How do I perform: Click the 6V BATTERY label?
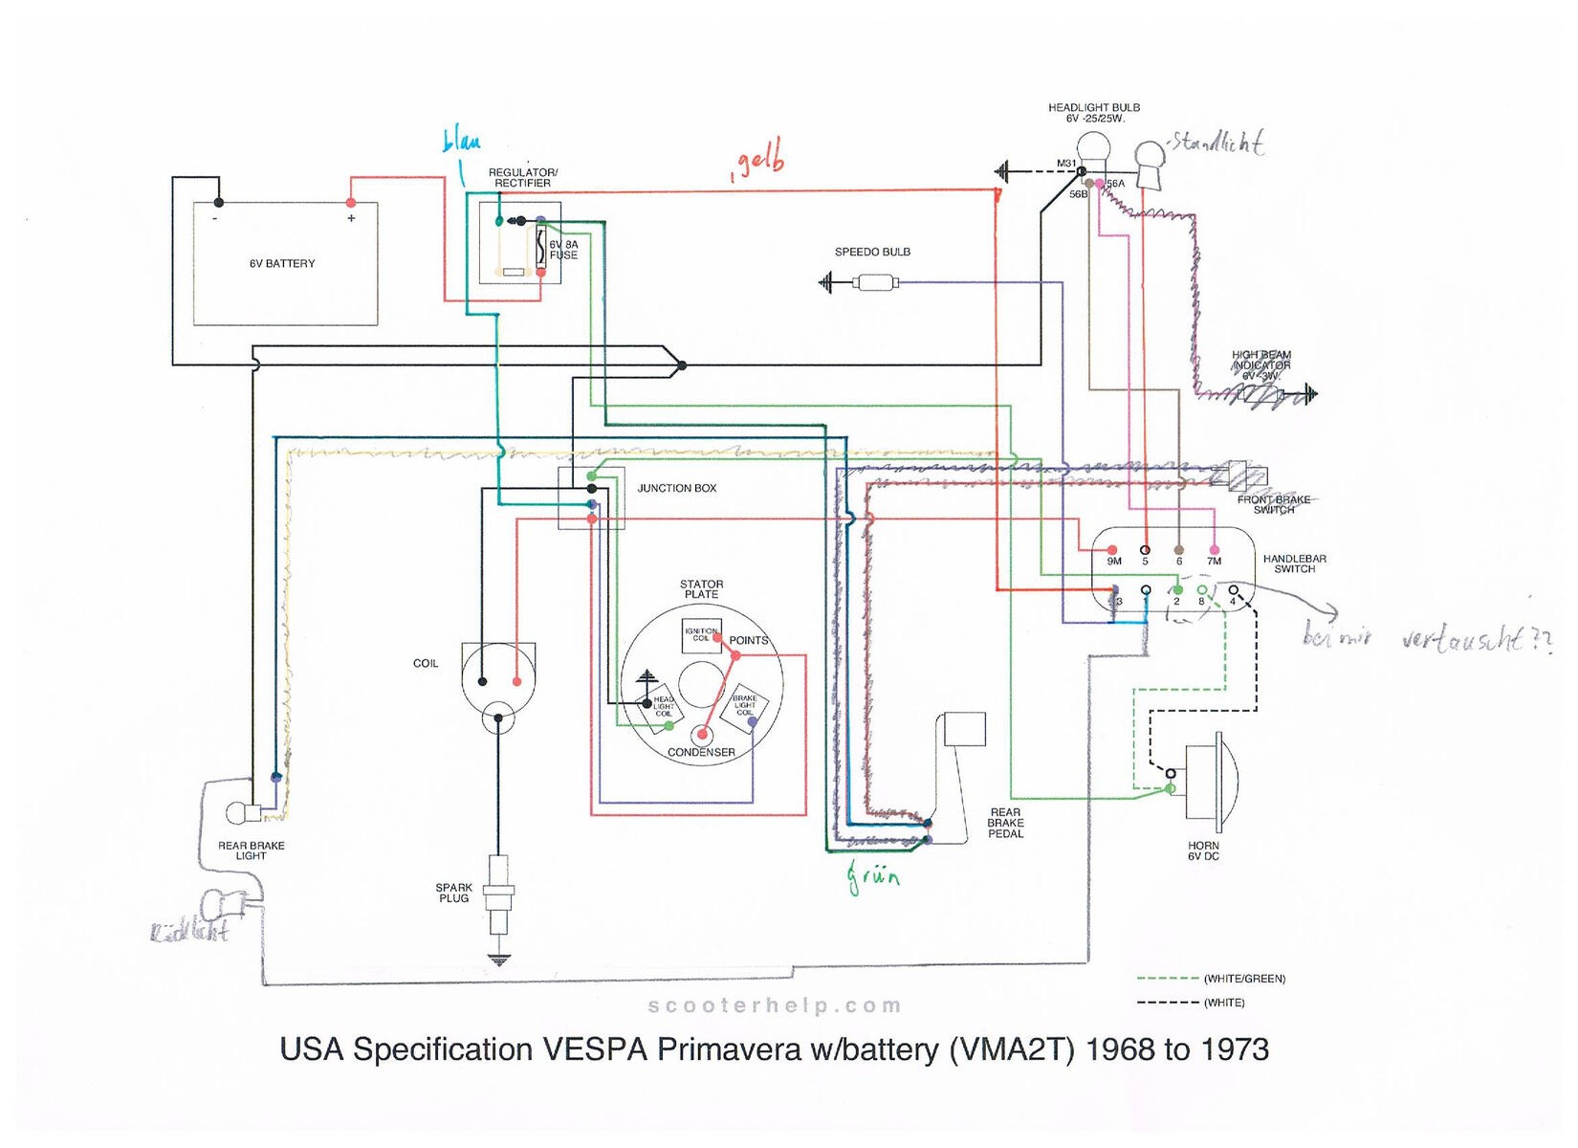(282, 263)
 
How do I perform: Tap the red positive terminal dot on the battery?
(351, 203)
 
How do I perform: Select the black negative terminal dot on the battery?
(219, 203)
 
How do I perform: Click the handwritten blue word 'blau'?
(461, 142)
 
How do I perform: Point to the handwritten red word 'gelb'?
(759, 159)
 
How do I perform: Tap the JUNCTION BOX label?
(676, 488)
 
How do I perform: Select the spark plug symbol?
(498, 894)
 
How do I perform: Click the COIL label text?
(426, 663)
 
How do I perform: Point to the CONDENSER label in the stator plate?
(701, 752)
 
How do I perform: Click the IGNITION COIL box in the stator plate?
(701, 634)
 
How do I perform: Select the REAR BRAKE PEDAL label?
(1005, 823)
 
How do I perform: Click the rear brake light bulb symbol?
(239, 814)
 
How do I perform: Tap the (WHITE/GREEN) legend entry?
(1244, 979)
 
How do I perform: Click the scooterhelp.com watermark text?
(775, 1005)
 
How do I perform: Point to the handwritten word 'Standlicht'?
(1217, 143)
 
